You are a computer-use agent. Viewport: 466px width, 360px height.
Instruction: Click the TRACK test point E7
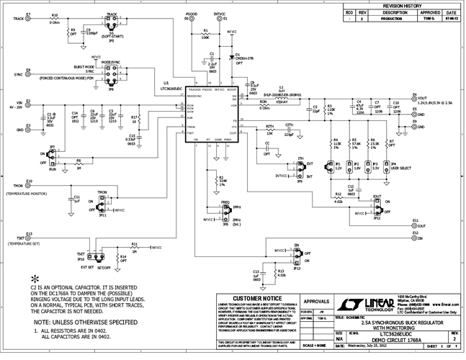pos(28,19)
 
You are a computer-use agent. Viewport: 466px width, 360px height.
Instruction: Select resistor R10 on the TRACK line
pos(55,19)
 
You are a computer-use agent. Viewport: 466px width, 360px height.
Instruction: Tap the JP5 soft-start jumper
pos(111,22)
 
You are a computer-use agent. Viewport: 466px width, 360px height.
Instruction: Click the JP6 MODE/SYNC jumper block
pos(110,74)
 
